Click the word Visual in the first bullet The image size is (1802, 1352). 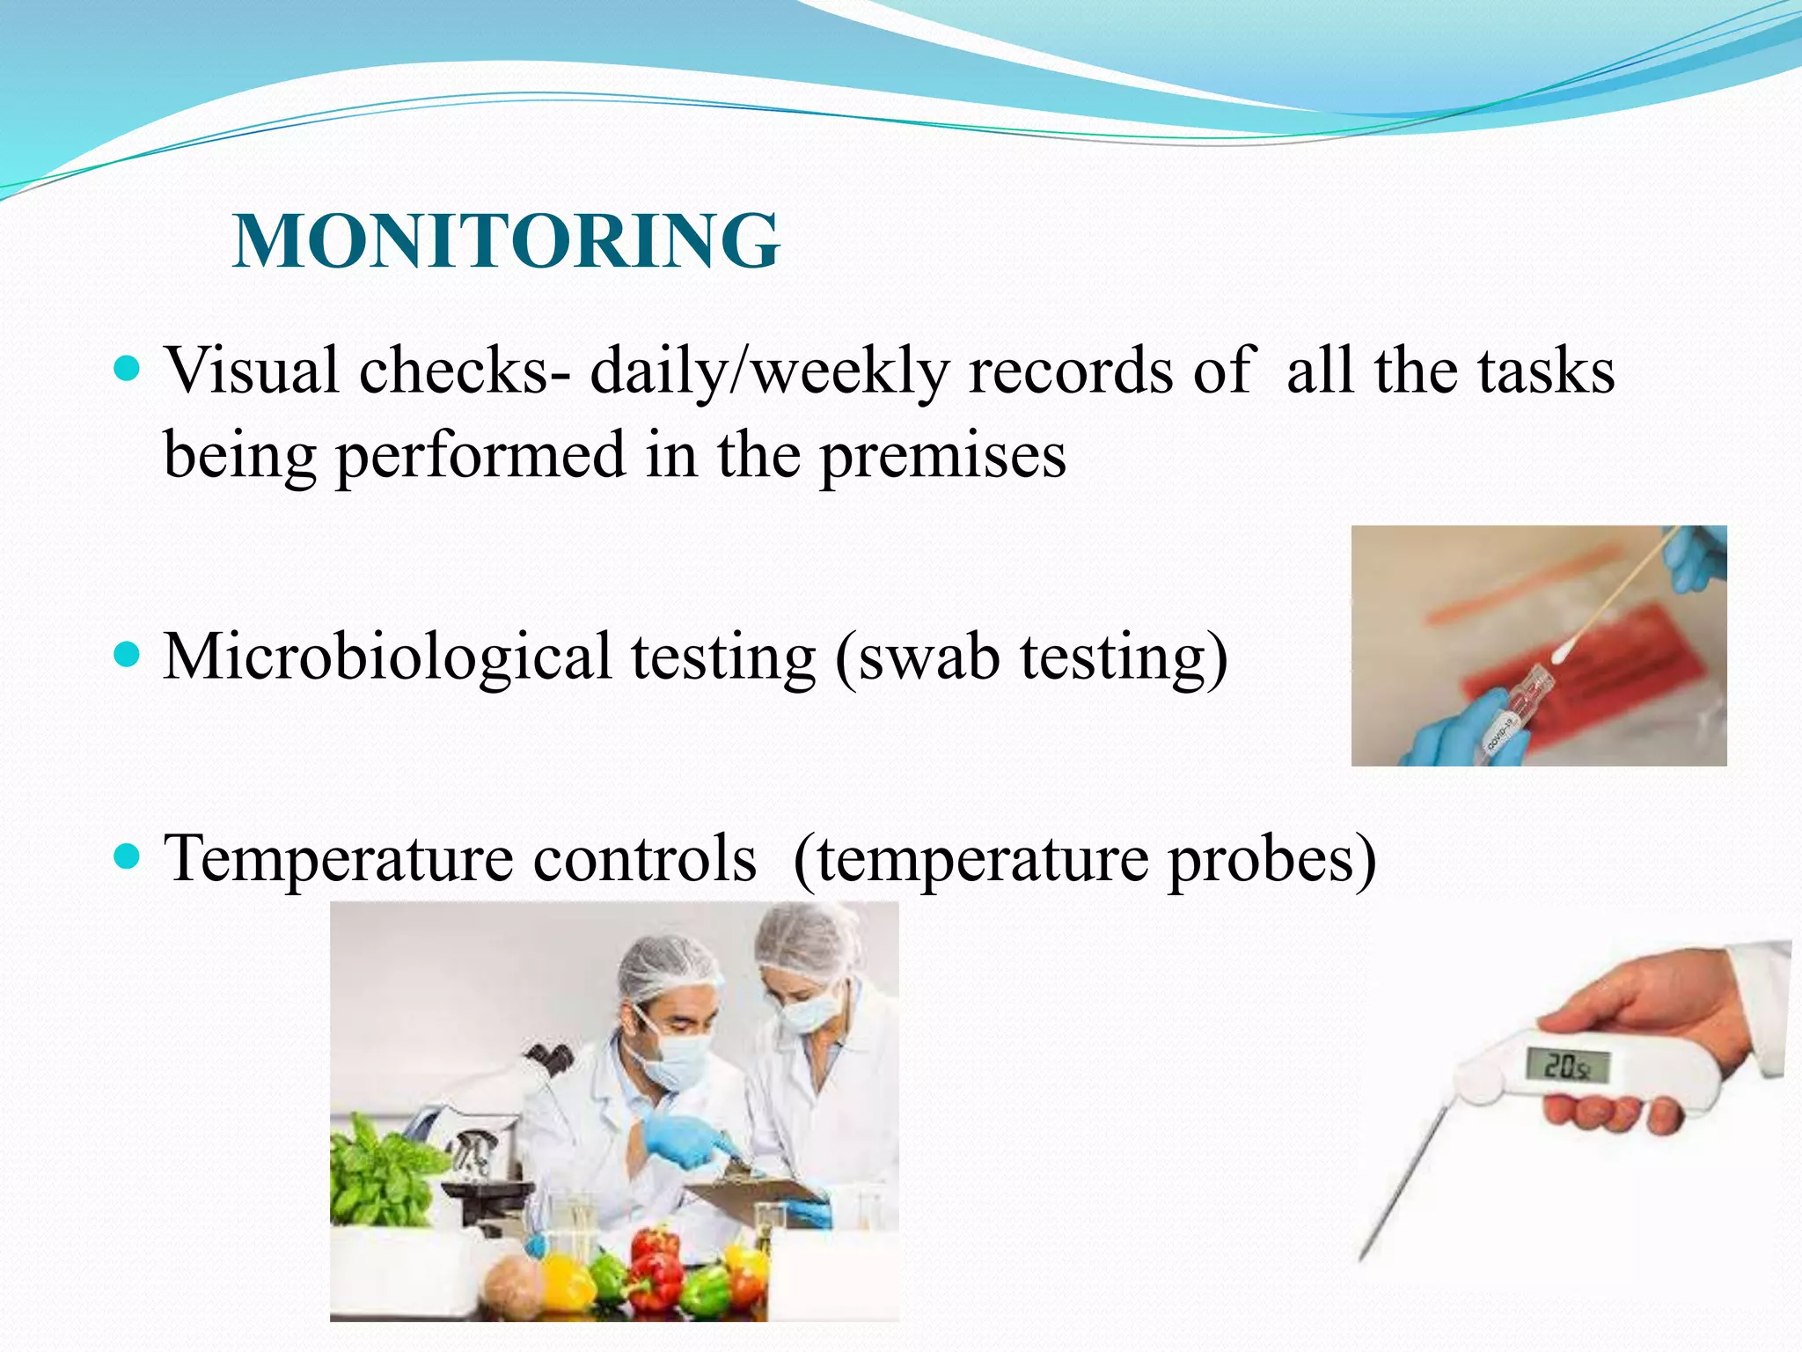coord(252,371)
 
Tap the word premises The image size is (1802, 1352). coord(942,456)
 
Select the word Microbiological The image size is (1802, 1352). coord(387,658)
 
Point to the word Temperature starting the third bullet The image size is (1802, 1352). coord(338,858)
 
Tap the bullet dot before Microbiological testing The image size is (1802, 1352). coord(128,655)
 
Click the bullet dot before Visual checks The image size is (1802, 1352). coord(128,368)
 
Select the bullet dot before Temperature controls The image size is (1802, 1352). coord(128,855)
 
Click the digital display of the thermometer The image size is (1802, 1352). coord(1567,1067)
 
